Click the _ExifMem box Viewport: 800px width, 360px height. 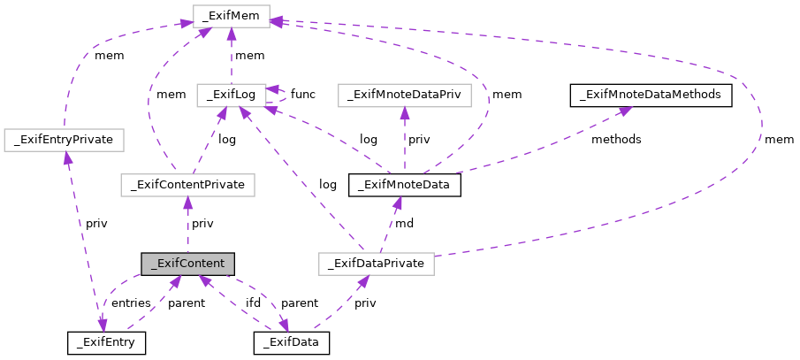pos(231,17)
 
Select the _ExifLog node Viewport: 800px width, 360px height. pos(231,94)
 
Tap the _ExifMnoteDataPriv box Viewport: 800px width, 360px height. pos(404,94)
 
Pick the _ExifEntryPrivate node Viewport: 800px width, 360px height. pos(64,139)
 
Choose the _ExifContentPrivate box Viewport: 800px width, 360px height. pos(187,185)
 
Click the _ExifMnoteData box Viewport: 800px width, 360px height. pos(405,185)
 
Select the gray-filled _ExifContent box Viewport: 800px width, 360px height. pos(187,264)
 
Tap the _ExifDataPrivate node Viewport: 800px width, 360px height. pos(376,264)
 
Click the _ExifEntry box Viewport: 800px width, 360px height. pos(106,341)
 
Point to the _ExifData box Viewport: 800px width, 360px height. pos(291,341)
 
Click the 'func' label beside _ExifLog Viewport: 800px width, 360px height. pos(303,94)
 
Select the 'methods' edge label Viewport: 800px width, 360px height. pos(617,140)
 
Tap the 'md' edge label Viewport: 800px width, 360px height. pos(404,224)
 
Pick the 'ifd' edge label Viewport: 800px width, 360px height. pos(253,303)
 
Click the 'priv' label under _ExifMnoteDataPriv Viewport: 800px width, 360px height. pos(419,140)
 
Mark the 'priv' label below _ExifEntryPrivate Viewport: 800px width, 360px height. pos(95,224)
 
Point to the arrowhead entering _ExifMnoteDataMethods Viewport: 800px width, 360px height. pos(624,110)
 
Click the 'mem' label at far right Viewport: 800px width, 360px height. pos(779,140)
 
